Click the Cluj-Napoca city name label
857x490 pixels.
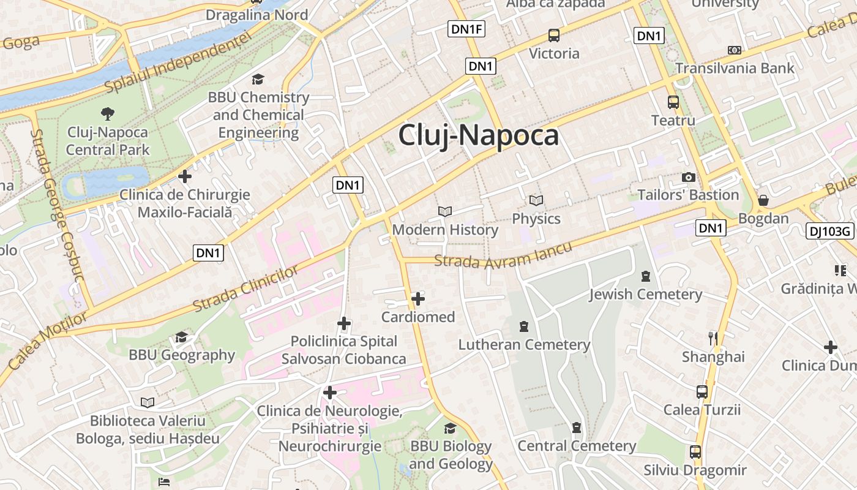coord(478,135)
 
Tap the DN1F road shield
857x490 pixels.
coord(466,28)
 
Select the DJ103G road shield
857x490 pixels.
coord(830,231)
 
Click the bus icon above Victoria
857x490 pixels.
coord(554,36)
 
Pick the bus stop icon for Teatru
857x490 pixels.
coord(673,102)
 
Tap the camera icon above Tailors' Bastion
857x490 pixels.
coord(689,178)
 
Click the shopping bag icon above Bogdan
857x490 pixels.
coord(763,200)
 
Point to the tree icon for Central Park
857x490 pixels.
coord(108,113)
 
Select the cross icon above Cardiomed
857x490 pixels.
coord(418,299)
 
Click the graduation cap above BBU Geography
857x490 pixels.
coord(181,337)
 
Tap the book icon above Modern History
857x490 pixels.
coord(445,212)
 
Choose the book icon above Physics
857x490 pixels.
coord(536,200)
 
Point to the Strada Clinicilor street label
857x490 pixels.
coord(247,288)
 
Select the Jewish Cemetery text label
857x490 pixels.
coord(645,295)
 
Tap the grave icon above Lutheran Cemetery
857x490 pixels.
coord(524,326)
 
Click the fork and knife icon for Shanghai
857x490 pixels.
coord(713,338)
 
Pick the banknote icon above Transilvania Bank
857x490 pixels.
coord(734,50)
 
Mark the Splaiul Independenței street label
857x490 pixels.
coord(178,62)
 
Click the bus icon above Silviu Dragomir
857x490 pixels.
coord(695,452)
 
